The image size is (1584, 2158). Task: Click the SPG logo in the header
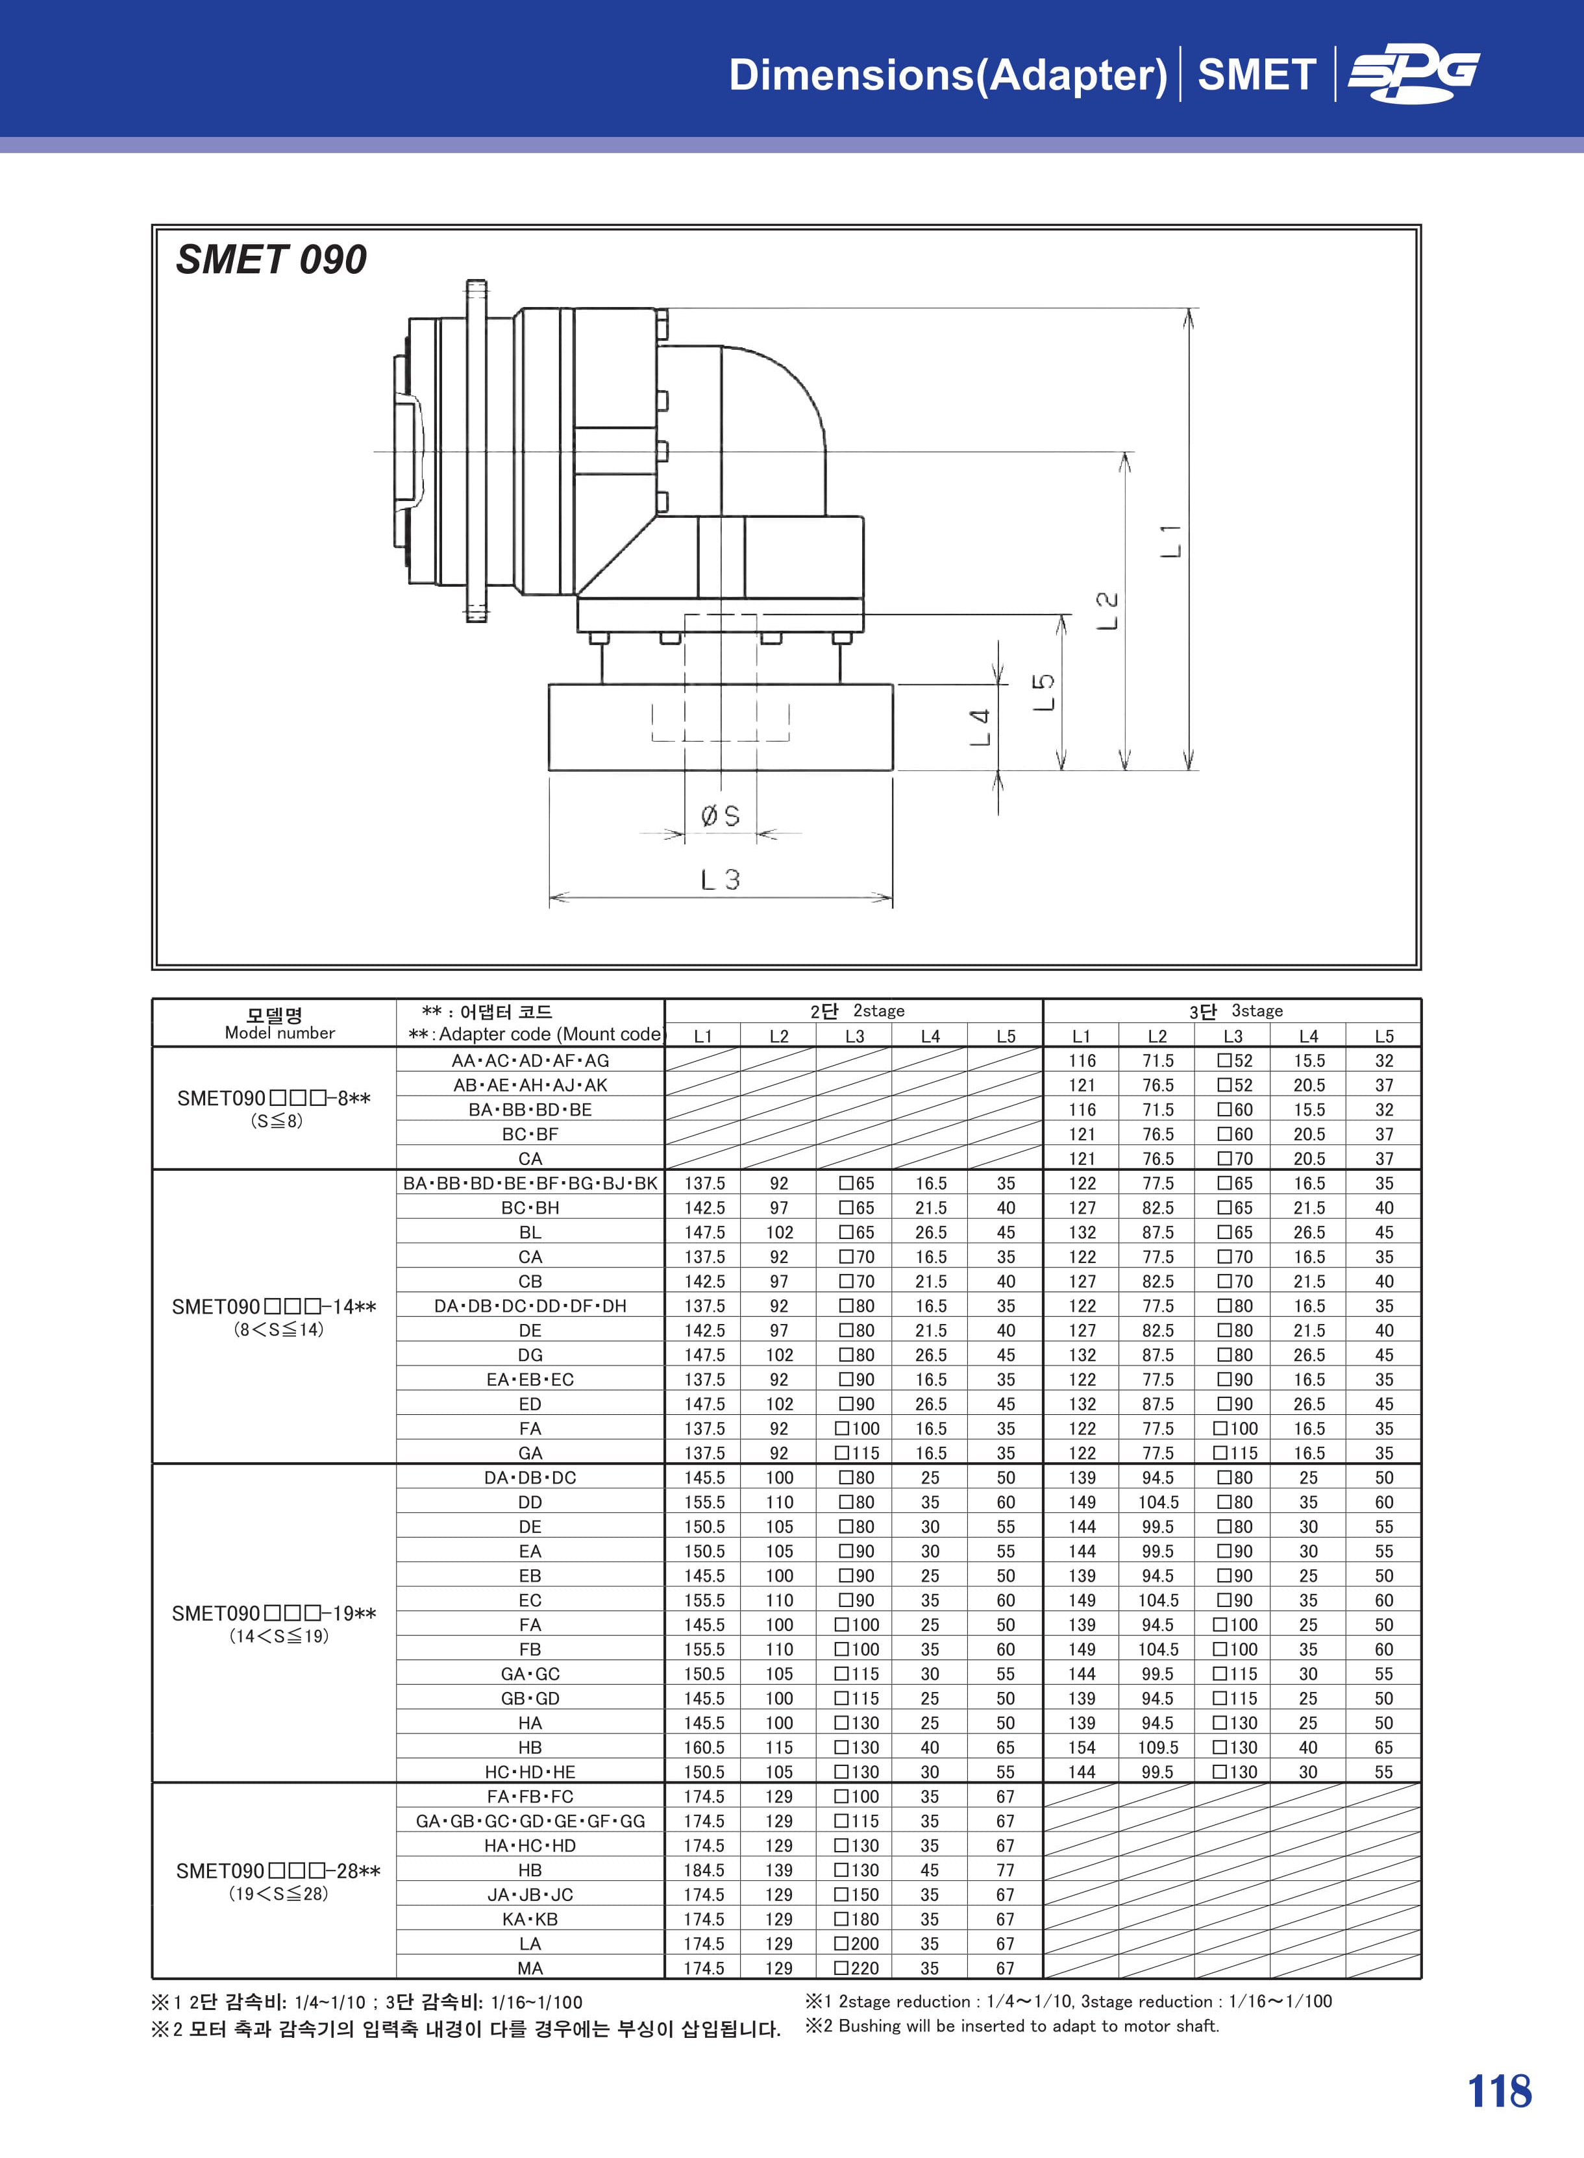coord(1413,75)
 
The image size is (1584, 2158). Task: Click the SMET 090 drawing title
coord(271,260)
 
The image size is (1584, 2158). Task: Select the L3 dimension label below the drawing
coord(720,879)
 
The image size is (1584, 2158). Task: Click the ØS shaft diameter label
coord(720,816)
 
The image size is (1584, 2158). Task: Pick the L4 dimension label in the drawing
coord(979,728)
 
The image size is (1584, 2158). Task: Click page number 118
coord(1500,2091)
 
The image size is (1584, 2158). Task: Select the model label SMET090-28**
coord(278,1870)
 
